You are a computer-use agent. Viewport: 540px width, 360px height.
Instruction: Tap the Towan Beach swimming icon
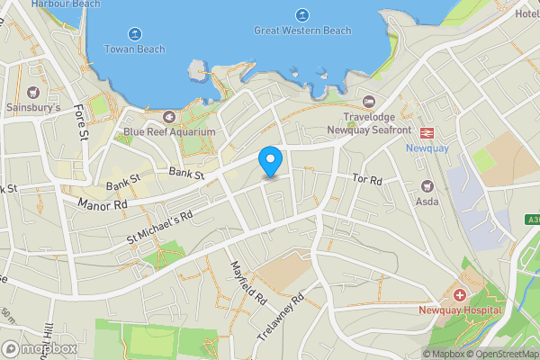[135, 34]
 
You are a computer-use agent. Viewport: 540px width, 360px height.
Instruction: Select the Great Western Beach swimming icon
[301, 15]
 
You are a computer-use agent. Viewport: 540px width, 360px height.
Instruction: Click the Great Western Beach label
[302, 31]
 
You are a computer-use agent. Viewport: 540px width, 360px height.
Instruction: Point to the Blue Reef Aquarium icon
[169, 116]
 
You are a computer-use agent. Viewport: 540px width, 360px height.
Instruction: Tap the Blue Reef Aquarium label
[170, 132]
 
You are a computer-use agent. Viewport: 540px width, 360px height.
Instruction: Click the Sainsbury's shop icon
[34, 92]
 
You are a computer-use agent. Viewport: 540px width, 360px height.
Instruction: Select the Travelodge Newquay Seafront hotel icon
[368, 102]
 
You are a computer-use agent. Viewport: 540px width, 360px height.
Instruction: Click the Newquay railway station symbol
[427, 131]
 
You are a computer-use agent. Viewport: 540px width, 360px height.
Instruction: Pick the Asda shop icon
[427, 185]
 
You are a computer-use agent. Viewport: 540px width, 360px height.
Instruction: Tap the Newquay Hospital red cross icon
[459, 295]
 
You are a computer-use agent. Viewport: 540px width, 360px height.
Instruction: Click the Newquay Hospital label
[458, 310]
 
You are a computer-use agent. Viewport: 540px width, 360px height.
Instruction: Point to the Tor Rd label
[367, 181]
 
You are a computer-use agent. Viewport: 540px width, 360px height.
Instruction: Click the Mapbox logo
[40, 348]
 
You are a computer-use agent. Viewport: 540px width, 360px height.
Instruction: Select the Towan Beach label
[135, 49]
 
